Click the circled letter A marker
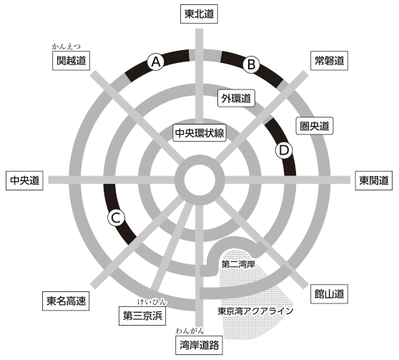tap(156, 62)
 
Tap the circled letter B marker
tap(251, 64)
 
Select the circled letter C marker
tap(116, 218)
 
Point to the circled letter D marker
tap(284, 150)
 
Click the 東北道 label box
tap(199, 14)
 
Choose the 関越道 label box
tap(71, 61)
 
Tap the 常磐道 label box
tap(329, 61)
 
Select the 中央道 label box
tap(24, 180)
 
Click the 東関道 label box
tap(373, 180)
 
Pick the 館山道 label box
tap(329, 294)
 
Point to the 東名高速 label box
tap(66, 301)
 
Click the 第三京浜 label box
tap(142, 316)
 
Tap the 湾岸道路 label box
tap(199, 345)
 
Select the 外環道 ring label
tap(236, 98)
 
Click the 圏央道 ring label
tap(315, 125)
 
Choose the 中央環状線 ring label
tap(199, 132)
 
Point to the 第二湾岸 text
tap(238, 264)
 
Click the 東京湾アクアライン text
tap(255, 311)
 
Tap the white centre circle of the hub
tap(199, 180)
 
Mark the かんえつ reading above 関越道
tap(66, 47)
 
